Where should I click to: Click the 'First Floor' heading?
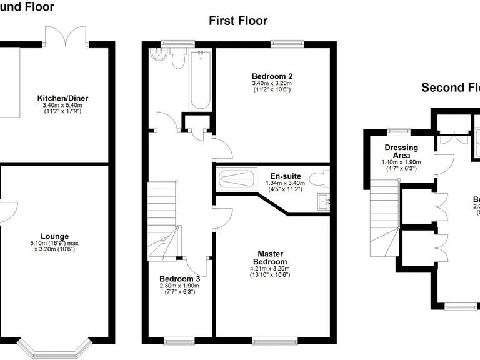pos(238,21)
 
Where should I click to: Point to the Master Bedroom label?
pos(271,257)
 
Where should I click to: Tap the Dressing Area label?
pos(401,151)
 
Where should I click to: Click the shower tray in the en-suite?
pos(236,180)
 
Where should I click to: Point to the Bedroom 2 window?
pos(287,43)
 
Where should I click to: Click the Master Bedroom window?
pos(270,341)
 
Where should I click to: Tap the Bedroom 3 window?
pos(177,341)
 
